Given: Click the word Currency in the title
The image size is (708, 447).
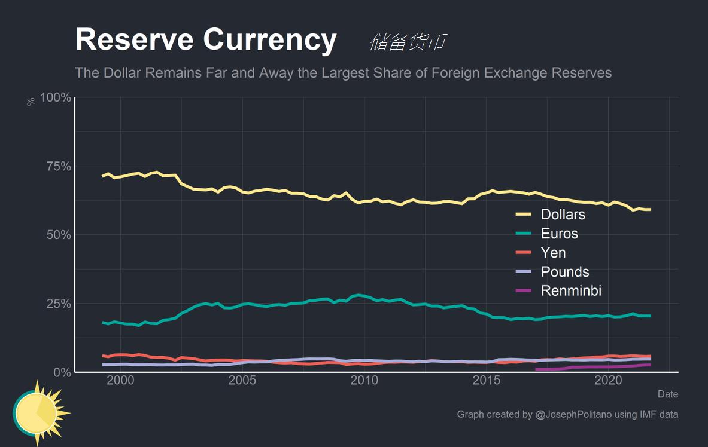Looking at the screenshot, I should [270, 40].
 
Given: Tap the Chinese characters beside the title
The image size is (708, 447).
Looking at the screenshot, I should [408, 42].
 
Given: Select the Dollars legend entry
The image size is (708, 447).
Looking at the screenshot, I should [563, 215].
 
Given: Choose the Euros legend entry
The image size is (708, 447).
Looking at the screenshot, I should [559, 234].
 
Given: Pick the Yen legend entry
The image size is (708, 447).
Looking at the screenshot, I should [553, 253].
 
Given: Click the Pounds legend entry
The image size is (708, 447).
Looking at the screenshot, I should [564, 272].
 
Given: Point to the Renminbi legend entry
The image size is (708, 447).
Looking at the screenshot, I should [570, 291].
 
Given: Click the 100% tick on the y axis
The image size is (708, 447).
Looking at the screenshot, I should [56, 97].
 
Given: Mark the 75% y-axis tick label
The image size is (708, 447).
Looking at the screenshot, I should [59, 166].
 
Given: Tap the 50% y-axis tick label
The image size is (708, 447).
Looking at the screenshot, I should [59, 235].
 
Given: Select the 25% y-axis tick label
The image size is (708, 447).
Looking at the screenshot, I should [59, 304].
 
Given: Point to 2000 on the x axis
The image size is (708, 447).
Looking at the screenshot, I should [120, 381].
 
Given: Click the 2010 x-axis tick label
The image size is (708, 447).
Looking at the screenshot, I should [364, 381].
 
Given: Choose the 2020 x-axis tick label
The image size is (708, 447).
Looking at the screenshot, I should [609, 381].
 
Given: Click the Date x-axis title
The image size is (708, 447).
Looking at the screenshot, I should [668, 394].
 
